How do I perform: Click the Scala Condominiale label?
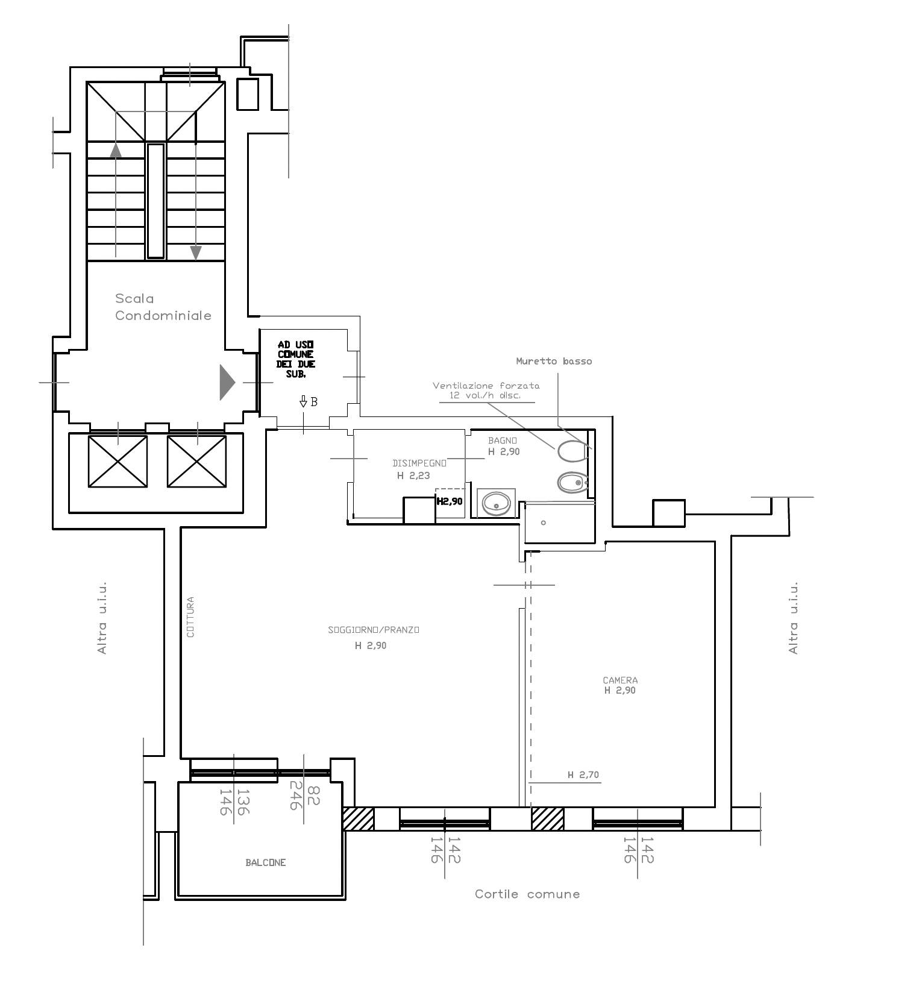coord(163,307)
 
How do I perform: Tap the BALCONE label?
coord(266,862)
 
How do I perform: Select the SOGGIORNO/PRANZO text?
coord(374,630)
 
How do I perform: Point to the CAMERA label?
coord(620,680)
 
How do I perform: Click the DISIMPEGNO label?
coord(419,463)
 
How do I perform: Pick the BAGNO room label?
coord(503,441)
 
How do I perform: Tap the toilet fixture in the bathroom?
coord(572,450)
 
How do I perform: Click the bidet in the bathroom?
coord(572,482)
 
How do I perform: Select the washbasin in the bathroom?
coord(497,503)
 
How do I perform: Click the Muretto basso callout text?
coord(554,361)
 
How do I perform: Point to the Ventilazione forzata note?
coord(486,391)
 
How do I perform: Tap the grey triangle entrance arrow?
coord(227,382)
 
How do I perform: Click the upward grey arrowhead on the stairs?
coord(116,149)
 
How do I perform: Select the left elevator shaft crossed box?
coord(118,461)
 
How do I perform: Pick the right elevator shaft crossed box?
coord(196,461)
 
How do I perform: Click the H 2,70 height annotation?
coord(583,775)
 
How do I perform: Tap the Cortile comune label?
coord(527,894)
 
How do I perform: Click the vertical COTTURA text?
coord(190,617)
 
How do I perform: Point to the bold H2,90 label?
coord(450,501)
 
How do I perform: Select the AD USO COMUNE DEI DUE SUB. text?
coord(296,359)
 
